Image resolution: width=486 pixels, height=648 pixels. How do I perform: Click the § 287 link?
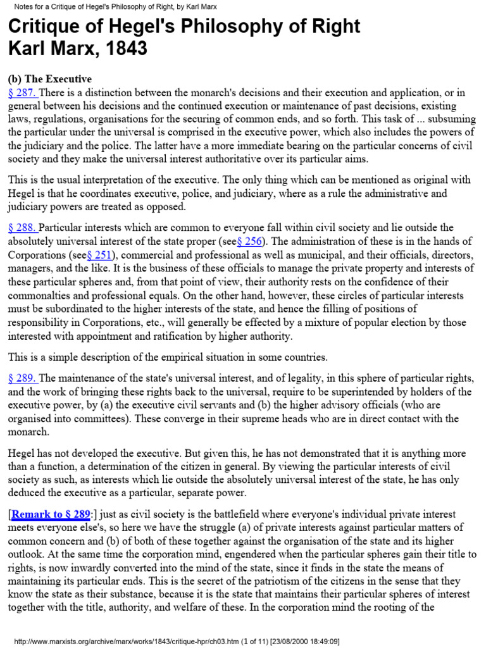[x=23, y=93]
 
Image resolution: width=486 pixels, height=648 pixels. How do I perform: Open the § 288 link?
[x=23, y=227]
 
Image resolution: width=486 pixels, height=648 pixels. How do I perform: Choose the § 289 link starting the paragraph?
[x=23, y=378]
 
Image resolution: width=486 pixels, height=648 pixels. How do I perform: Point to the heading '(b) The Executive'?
[x=49, y=79]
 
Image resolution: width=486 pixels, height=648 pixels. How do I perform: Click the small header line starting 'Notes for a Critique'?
[x=121, y=6]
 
